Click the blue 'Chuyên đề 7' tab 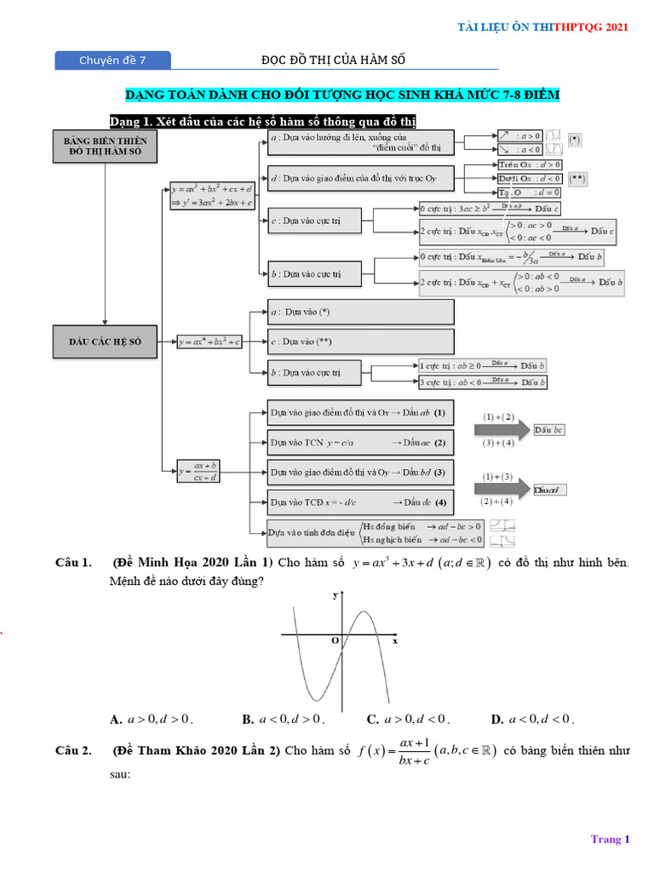point(112,60)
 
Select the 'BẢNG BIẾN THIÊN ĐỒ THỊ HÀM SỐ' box point(105,147)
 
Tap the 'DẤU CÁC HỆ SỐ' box point(105,341)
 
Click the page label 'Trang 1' point(610,839)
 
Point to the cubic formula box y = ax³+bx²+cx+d point(211,195)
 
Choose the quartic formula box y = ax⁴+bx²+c point(209,341)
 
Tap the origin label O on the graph point(335,640)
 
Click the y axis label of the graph point(335,597)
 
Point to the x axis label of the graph point(395,641)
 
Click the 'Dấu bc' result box point(549,430)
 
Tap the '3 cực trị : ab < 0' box point(482,382)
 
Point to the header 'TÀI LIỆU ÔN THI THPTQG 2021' point(543,27)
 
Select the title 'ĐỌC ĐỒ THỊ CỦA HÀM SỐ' point(333,60)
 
